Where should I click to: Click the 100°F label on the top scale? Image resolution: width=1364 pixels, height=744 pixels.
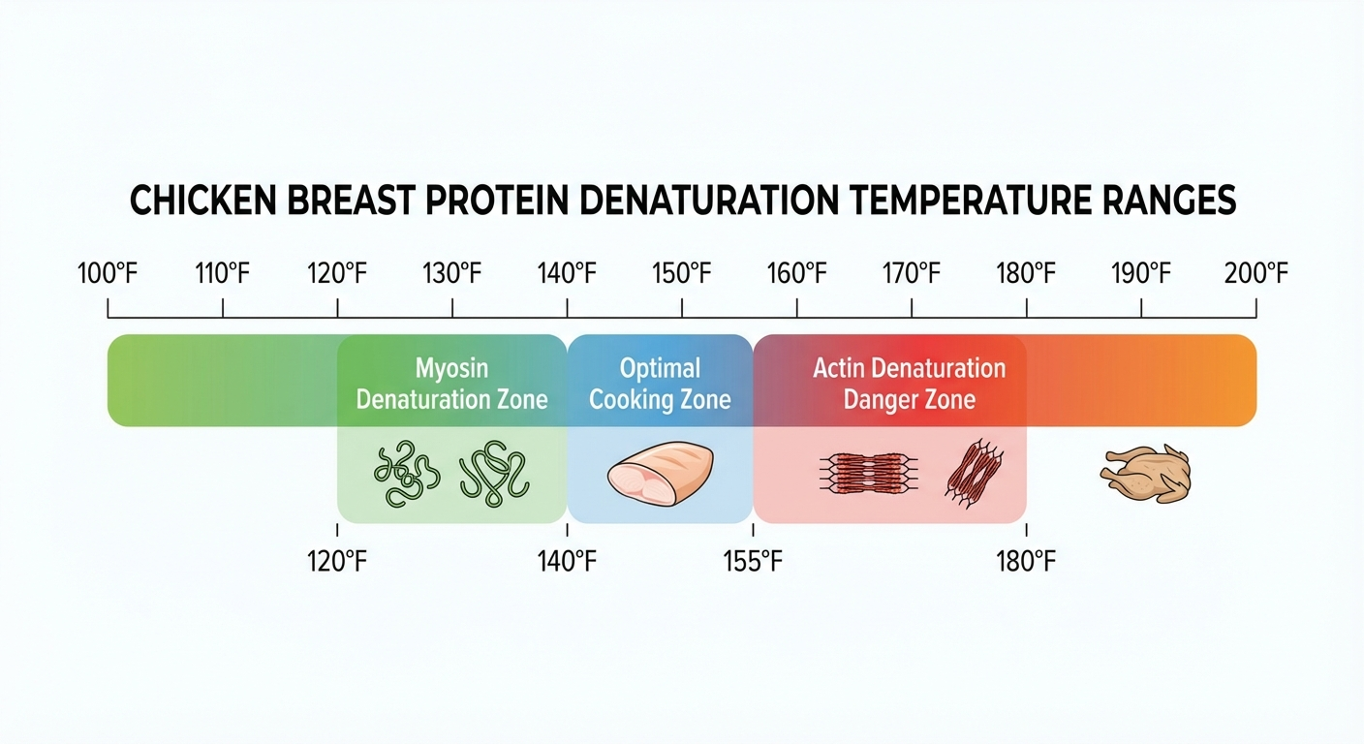108,274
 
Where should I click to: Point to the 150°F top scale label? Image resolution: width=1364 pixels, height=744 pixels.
682,274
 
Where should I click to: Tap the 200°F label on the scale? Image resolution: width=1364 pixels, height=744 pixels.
1256,274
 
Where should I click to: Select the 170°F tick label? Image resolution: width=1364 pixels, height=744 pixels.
912,274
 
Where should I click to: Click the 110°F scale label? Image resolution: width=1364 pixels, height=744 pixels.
223,274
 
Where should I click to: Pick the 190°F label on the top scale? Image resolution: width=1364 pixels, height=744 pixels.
1141,274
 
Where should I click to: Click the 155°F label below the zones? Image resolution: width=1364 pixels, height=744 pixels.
752,561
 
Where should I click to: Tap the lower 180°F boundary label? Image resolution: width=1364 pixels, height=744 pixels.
1026,561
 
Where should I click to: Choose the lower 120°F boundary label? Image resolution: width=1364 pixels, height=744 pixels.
337,561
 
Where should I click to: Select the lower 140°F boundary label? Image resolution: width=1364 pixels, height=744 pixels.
567,561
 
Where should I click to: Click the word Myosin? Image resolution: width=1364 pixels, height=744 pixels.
451,369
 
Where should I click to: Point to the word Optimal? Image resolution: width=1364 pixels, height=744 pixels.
660,369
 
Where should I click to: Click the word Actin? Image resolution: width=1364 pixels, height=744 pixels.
837,369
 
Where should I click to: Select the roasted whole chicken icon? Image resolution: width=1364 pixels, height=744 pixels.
1146,474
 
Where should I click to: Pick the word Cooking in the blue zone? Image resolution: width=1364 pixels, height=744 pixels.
634,400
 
